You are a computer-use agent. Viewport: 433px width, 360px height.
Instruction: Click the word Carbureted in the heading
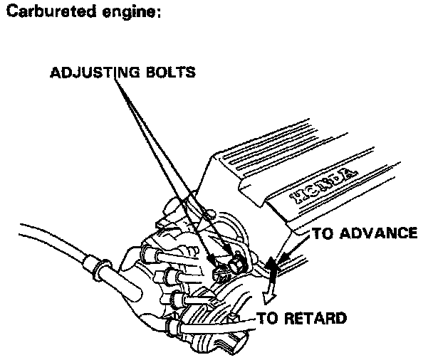[x=51, y=11]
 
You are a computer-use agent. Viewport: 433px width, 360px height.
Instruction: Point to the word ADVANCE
[x=379, y=233]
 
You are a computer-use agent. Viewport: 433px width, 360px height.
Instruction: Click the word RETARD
[x=315, y=318]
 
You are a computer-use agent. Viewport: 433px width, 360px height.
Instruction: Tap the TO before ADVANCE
[x=323, y=233]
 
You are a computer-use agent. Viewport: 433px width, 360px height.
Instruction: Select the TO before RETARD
[x=268, y=318]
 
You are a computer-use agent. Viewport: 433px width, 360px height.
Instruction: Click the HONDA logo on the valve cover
[x=323, y=187]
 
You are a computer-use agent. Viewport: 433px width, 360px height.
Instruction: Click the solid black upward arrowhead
[x=272, y=264]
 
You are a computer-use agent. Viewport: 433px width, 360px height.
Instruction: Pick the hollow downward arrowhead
[x=268, y=297]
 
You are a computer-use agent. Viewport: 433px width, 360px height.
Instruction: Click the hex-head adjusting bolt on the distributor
[x=236, y=264]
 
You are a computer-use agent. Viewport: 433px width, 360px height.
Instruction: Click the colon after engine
[x=159, y=14]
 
